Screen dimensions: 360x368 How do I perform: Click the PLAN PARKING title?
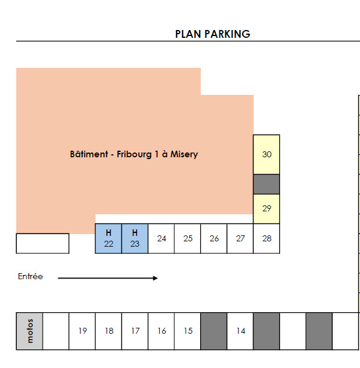pyautogui.click(x=213, y=34)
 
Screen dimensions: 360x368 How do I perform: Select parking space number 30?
pyautogui.click(x=266, y=154)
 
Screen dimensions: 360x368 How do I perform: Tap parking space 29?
pyautogui.click(x=266, y=209)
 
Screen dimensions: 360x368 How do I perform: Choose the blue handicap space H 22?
pyautogui.click(x=108, y=238)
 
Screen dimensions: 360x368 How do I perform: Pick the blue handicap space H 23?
pyautogui.click(x=135, y=238)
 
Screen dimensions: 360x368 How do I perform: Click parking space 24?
pyautogui.click(x=161, y=238)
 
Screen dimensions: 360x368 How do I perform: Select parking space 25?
pyautogui.click(x=188, y=238)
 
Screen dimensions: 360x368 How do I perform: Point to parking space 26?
pyautogui.click(x=214, y=238)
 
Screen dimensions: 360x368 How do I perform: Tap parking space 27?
pyautogui.click(x=240, y=238)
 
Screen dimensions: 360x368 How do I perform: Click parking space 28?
pyautogui.click(x=266, y=238)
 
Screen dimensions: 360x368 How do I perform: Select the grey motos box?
pyautogui.click(x=29, y=331)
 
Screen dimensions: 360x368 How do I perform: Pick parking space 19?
pyautogui.click(x=82, y=331)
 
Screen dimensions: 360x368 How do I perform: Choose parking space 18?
pyautogui.click(x=109, y=331)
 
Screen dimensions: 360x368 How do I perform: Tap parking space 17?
pyautogui.click(x=135, y=331)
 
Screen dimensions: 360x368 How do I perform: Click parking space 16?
pyautogui.click(x=161, y=331)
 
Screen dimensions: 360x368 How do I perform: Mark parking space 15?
pyautogui.click(x=188, y=331)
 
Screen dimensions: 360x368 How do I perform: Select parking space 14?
pyautogui.click(x=240, y=331)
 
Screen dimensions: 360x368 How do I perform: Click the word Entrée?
pyautogui.click(x=30, y=277)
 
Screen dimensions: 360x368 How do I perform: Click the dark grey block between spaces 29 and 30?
pyautogui.click(x=266, y=184)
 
